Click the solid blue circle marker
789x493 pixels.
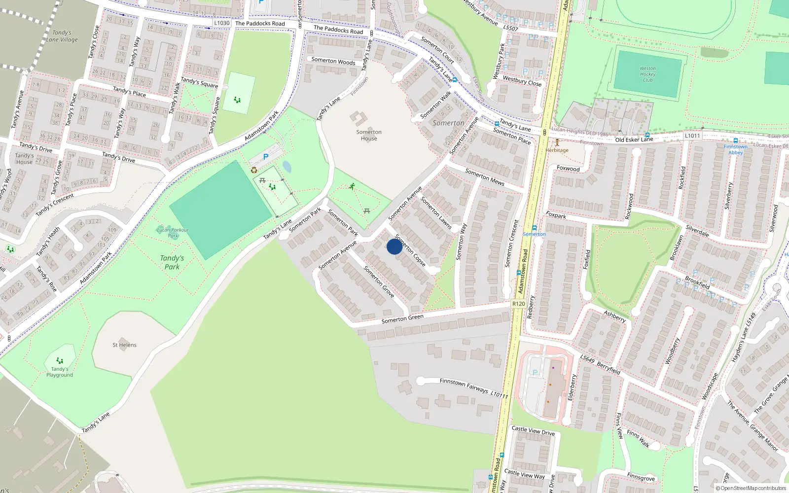(394, 246)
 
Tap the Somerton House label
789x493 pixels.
(369, 135)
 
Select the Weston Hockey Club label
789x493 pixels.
(647, 74)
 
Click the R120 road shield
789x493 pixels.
(518, 304)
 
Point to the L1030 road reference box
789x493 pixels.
(222, 23)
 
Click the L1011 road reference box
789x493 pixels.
(692, 136)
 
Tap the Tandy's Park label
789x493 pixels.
(172, 262)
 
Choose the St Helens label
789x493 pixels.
(124, 345)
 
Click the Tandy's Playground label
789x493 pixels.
(60, 372)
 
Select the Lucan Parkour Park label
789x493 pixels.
(173, 232)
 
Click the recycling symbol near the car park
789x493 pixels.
(254, 170)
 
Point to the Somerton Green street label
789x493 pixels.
(402, 319)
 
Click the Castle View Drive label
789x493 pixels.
(533, 430)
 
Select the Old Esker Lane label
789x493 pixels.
(634, 140)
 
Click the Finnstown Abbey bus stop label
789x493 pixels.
(735, 149)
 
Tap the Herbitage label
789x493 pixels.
(557, 150)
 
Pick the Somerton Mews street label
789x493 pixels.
(485, 177)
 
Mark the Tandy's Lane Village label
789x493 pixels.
(62, 36)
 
